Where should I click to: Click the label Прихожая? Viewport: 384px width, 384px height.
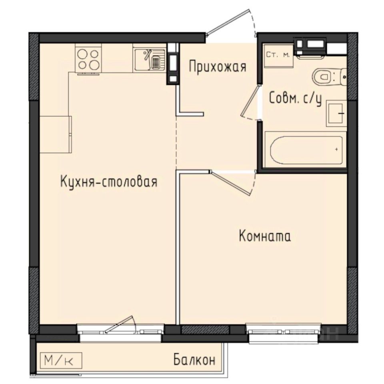[x=217, y=66]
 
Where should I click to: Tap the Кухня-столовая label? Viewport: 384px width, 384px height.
[x=108, y=182]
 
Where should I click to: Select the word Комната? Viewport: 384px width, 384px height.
[x=264, y=236]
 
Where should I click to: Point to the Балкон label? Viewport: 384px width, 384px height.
[x=194, y=360]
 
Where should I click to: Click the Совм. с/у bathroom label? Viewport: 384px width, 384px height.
[x=296, y=98]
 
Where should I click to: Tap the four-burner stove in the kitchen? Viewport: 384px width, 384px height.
[x=88, y=59]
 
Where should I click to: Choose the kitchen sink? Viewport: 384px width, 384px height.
[x=149, y=59]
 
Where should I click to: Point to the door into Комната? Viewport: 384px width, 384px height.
[x=233, y=184]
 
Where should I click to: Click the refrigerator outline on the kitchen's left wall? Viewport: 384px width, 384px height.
[x=56, y=134]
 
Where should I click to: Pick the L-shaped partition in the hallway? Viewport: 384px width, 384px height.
[x=188, y=112]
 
